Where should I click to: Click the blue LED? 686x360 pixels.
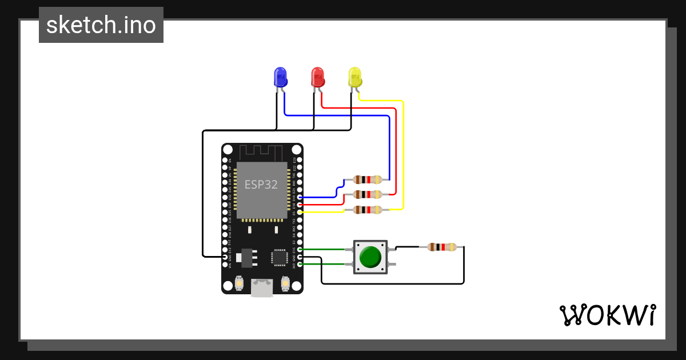(x=280, y=77)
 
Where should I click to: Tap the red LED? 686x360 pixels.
(x=317, y=77)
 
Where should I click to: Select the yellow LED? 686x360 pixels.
(x=355, y=77)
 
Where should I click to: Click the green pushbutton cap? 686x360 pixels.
(x=370, y=257)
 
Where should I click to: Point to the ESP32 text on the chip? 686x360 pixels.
(x=261, y=185)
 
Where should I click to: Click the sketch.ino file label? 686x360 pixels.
(x=101, y=25)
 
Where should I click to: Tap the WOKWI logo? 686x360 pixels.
(x=607, y=315)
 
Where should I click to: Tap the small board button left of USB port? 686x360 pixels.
(x=239, y=283)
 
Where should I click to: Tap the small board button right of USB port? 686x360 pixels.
(x=286, y=283)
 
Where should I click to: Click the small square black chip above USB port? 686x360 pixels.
(x=280, y=257)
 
